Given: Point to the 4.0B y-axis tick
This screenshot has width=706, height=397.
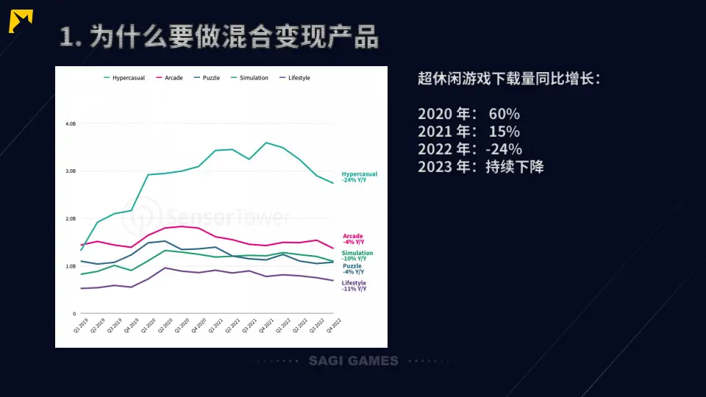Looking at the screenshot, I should [71, 124].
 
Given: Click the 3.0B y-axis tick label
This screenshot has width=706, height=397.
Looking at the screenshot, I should [71, 171].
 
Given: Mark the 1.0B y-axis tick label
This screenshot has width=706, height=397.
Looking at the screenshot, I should [71, 266].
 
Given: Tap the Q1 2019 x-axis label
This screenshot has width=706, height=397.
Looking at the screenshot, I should [79, 326].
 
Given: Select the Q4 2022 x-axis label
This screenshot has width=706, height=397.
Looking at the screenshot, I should [334, 326].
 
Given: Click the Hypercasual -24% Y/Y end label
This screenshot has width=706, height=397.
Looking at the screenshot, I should [359, 177].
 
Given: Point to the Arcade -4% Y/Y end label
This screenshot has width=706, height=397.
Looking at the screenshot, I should [353, 239].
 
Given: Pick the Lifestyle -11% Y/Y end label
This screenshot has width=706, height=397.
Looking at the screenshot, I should [354, 286].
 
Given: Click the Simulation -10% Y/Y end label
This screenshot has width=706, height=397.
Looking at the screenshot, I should [357, 256].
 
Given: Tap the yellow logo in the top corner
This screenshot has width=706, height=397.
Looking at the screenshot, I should [21, 22].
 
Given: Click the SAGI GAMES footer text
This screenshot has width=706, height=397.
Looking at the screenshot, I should [353, 361].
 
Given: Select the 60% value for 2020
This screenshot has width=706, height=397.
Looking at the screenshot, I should [504, 114].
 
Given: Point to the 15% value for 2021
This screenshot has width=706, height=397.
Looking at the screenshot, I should [504, 132].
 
